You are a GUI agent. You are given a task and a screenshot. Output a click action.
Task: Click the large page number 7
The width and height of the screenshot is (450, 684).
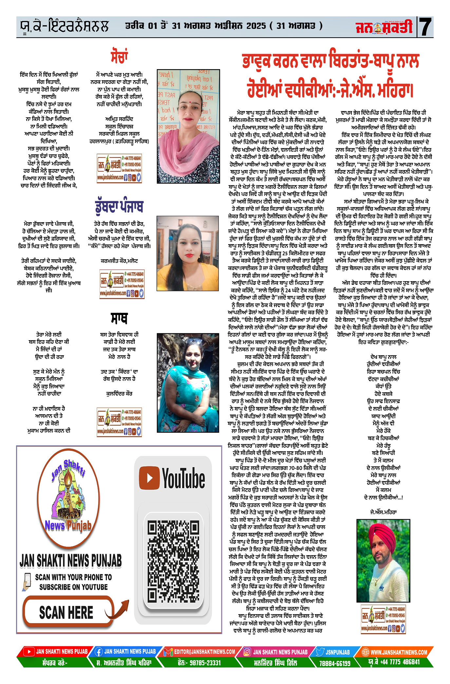(425, 27)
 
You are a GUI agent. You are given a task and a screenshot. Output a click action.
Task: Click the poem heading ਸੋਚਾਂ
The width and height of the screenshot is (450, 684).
(119, 56)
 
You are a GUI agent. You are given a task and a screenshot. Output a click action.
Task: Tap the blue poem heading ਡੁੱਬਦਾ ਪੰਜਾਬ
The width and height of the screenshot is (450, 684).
(119, 206)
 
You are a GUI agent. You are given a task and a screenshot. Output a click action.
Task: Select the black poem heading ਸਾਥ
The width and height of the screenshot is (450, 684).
(119, 318)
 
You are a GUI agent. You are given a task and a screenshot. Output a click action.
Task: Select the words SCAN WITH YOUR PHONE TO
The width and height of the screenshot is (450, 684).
(73, 577)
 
